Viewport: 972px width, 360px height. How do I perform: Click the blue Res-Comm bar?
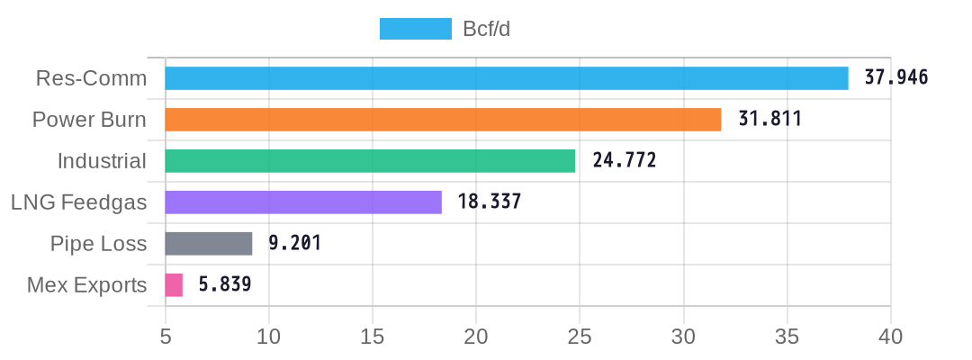click(x=507, y=78)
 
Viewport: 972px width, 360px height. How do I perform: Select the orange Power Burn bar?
click(x=443, y=120)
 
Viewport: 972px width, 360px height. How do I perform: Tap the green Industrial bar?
click(x=370, y=161)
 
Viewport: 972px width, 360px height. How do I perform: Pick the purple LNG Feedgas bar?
click(x=303, y=202)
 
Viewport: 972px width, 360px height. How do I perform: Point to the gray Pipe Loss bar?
click(x=209, y=244)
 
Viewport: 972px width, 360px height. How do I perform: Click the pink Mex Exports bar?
click(x=174, y=285)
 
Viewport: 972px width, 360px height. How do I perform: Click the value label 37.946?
click(x=896, y=77)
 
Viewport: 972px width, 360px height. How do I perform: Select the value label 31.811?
click(x=769, y=119)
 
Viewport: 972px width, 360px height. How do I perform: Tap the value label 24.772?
click(x=625, y=160)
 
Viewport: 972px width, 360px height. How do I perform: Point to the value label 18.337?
click(x=490, y=202)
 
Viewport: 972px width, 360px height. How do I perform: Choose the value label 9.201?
click(x=295, y=243)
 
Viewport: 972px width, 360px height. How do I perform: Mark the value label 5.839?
click(x=225, y=284)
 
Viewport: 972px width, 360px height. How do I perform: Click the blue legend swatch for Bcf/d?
click(x=416, y=29)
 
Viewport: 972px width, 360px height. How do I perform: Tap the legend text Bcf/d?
click(x=487, y=29)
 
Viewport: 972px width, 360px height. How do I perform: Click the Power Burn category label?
click(x=89, y=120)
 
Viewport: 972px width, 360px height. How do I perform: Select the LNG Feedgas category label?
click(x=78, y=202)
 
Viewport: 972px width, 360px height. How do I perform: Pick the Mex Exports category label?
click(x=86, y=285)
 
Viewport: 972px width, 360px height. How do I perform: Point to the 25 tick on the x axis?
click(x=580, y=337)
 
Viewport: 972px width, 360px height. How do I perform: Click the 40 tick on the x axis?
click(x=890, y=337)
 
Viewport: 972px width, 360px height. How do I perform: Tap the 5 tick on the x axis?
click(x=166, y=337)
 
